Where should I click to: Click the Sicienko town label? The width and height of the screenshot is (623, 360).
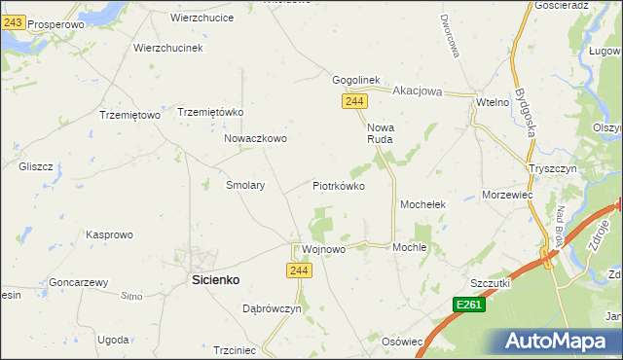(x=213, y=279)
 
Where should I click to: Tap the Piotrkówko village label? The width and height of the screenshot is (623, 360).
(x=338, y=185)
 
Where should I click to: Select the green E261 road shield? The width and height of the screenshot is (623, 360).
(x=469, y=306)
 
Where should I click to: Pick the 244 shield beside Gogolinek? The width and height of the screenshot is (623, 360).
(x=354, y=101)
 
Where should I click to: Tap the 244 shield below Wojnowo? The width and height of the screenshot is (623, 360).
(x=299, y=270)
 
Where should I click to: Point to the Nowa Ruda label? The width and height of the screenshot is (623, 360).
(x=380, y=133)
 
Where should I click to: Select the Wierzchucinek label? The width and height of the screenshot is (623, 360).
(x=167, y=48)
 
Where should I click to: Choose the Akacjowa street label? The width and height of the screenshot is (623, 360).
(x=418, y=91)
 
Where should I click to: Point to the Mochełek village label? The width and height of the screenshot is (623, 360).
(x=422, y=205)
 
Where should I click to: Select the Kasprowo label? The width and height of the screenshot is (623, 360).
(x=109, y=234)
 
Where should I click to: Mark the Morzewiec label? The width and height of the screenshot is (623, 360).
(x=507, y=195)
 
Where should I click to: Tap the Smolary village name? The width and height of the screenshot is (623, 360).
(x=245, y=184)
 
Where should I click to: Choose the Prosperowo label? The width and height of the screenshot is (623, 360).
(x=55, y=23)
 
